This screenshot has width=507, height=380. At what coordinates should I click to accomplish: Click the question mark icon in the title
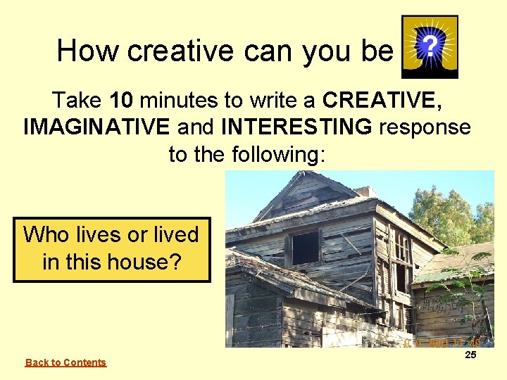(x=430, y=47)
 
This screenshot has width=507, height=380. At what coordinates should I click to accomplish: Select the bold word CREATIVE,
(x=382, y=101)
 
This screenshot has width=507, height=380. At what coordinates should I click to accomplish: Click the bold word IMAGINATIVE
(x=96, y=127)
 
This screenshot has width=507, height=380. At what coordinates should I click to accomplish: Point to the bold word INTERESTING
(x=296, y=127)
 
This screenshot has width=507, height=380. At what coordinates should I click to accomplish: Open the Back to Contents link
(x=65, y=362)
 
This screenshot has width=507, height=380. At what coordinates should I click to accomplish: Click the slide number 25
(x=470, y=355)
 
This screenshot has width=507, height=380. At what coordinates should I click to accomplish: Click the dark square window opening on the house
(x=305, y=248)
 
